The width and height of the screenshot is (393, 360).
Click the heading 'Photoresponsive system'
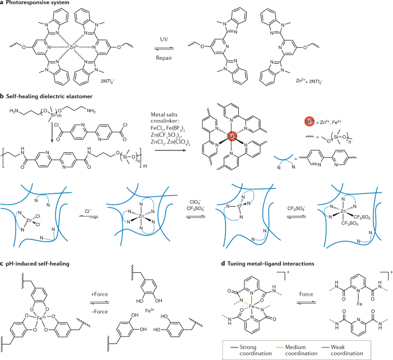click(x=42, y=5)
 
